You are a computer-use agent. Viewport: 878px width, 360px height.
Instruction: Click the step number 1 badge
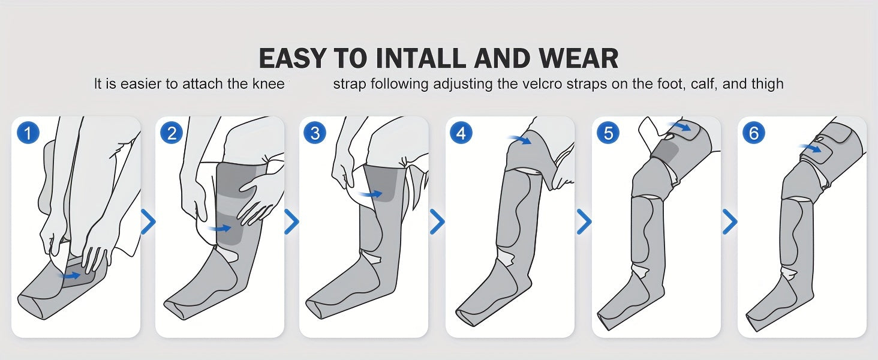coord(28,133)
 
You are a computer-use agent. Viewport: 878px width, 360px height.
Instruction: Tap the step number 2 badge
coord(172,133)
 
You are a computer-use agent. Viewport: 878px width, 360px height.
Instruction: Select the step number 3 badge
coord(315,133)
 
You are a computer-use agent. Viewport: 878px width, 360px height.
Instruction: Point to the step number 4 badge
coord(461,133)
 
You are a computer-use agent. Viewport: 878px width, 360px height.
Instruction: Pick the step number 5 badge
coord(608,133)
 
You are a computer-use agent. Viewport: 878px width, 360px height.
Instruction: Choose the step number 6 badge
coord(753,133)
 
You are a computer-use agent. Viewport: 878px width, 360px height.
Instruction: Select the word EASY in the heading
coord(293,58)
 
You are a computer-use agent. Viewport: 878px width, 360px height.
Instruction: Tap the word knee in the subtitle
coord(269,83)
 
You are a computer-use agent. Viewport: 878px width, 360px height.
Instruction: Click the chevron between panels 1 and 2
coord(148,221)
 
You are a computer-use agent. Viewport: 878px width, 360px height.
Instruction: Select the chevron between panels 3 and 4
coord(437,221)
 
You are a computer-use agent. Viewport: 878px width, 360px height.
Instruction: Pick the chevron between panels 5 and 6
coord(729,221)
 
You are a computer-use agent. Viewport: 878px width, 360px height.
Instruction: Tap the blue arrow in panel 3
coord(370,194)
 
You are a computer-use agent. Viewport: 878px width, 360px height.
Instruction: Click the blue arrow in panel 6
coord(810,148)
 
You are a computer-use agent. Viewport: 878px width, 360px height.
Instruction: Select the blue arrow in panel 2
coord(220,228)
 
